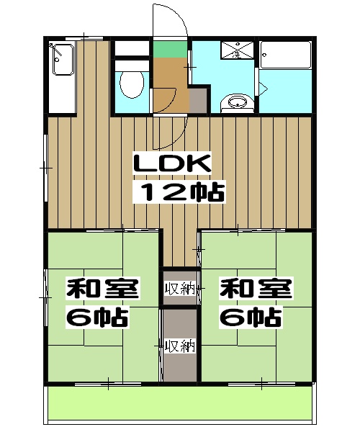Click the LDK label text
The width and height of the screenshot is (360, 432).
point(172,164)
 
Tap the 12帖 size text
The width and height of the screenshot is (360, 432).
point(181,192)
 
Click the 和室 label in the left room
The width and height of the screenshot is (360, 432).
point(103,289)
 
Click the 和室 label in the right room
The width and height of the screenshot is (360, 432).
point(255,289)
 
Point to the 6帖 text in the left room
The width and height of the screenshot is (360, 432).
point(98,317)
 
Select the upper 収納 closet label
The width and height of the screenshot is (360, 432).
point(179,289)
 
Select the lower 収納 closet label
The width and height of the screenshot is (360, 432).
point(179,346)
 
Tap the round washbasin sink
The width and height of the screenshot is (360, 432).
point(235,102)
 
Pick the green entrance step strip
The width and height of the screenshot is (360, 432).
point(171,50)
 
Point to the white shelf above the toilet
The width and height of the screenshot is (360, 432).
point(131,49)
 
